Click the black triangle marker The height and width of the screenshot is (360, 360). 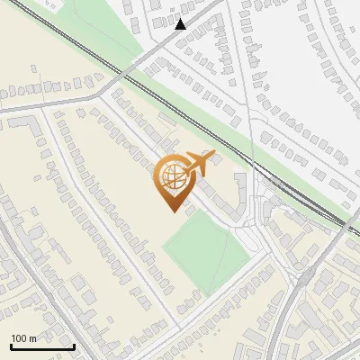pos(181,24)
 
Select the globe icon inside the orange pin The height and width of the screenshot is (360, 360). pos(170,177)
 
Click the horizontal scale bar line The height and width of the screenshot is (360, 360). pos(42,347)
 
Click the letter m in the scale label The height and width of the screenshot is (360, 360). pos(33,338)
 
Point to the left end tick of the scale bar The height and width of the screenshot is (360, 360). pos(11,345)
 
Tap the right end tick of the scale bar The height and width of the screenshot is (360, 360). pos(74,345)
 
